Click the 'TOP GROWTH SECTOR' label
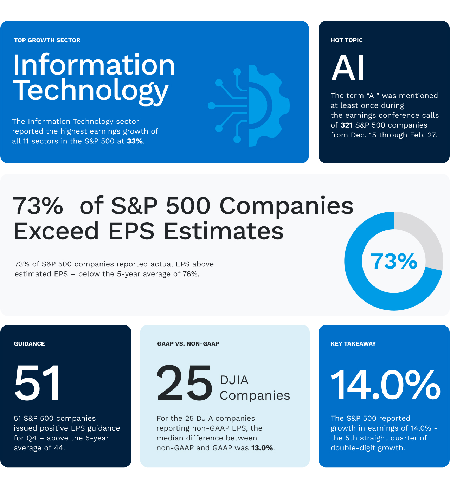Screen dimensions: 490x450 47,40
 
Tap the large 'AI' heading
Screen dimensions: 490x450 348,68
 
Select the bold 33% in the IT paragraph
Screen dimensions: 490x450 135,141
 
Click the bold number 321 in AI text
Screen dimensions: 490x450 347,125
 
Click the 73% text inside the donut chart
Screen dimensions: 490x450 394,261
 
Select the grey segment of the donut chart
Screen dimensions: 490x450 424,236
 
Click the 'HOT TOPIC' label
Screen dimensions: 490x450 347,40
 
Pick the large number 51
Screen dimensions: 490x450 37,383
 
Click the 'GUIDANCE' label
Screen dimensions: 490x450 29,344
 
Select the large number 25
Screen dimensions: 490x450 185,383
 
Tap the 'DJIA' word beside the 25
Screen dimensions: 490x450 234,380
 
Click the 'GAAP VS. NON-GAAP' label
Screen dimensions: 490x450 188,344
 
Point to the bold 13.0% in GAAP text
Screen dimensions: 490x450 262,448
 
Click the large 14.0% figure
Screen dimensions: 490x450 385,385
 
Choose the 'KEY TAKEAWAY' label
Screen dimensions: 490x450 353,344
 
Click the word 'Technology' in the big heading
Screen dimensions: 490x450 91,91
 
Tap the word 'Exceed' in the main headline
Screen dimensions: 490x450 56,231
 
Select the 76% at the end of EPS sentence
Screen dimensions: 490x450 190,274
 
